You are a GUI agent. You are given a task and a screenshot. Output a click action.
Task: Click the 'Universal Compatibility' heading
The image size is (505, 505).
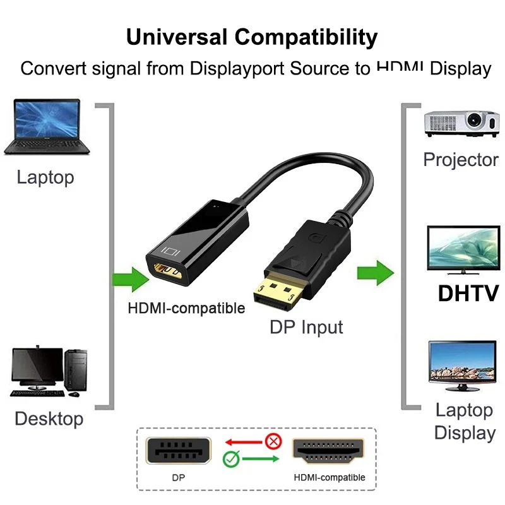click(x=252, y=36)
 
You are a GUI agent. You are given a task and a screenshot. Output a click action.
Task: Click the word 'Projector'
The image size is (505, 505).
click(x=461, y=159)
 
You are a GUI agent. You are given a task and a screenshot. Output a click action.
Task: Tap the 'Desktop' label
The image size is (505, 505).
click(x=49, y=418)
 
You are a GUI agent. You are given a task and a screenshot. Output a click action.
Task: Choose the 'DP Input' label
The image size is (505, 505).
click(x=306, y=327)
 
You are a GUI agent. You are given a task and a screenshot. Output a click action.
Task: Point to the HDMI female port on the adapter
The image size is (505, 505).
click(x=167, y=272)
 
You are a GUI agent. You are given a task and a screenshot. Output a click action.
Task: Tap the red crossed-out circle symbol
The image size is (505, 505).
click(x=273, y=441)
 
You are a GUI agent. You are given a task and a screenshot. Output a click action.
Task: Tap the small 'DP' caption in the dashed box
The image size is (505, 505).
click(x=179, y=478)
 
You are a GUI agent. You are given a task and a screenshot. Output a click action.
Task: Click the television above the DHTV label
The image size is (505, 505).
click(x=463, y=249)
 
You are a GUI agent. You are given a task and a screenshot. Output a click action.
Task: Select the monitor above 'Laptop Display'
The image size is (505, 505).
click(x=462, y=364)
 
